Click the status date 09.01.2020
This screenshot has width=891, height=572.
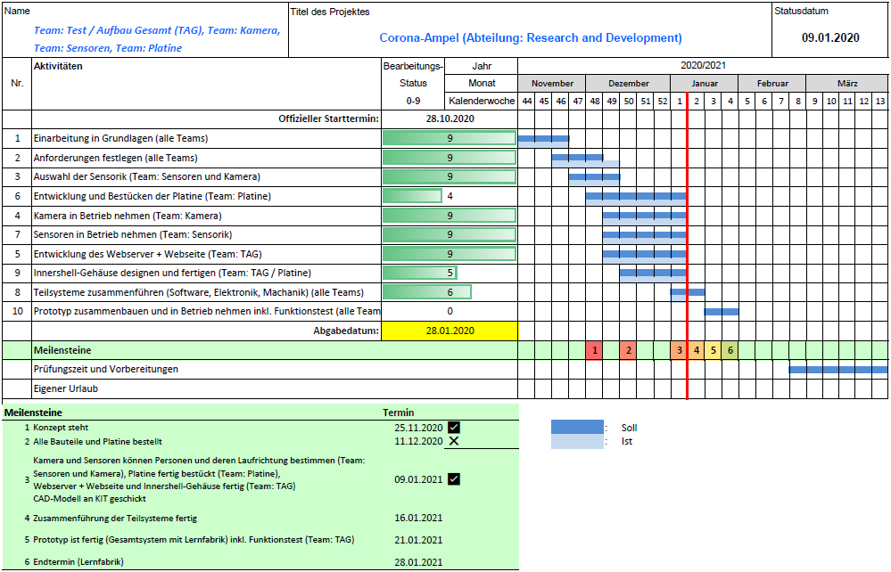coord(829,37)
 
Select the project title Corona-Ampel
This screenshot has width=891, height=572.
coord(531,38)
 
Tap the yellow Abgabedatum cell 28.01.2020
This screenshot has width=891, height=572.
coord(449,331)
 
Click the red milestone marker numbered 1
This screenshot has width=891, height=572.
coord(594,350)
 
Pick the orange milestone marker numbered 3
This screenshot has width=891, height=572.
coord(679,350)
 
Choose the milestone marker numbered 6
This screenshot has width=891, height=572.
coord(730,350)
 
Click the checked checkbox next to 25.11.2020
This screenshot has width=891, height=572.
coord(454,428)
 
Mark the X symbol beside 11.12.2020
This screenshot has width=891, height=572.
coord(454,441)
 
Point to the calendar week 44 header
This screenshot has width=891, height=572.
coord(526,101)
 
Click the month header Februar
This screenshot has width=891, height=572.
coord(772,84)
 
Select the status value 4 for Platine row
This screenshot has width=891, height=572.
coord(450,196)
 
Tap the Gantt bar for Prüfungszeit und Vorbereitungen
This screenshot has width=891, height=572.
coord(837,369)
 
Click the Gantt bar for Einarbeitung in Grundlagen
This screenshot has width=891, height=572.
coord(543,139)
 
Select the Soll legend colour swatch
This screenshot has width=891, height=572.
coord(577,427)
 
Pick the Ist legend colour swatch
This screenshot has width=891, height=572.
coord(577,441)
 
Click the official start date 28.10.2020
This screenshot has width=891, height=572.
coord(449,118)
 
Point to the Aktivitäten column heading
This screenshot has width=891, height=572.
coord(58,67)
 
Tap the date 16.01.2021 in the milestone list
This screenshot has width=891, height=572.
coord(418,519)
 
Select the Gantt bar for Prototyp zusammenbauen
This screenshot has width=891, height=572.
coord(721,312)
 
